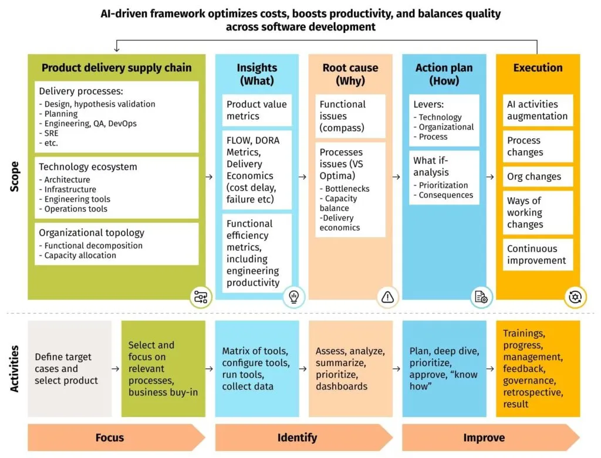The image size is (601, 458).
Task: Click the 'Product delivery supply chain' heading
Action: tap(116, 68)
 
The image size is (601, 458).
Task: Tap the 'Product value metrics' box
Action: tap(256, 110)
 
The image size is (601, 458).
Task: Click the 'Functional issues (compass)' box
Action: tap(350, 116)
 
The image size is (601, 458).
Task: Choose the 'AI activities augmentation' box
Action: tap(537, 110)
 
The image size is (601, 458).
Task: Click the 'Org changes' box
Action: tap(537, 177)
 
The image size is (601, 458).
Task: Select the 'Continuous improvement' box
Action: tap(537, 255)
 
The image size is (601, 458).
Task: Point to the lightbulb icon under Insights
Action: tap(293, 297)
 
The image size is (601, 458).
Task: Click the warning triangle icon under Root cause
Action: tap(387, 297)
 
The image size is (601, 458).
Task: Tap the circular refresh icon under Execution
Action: tap(574, 297)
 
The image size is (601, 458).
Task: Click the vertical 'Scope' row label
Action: tap(15, 176)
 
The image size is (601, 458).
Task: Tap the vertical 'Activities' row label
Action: tap(15, 368)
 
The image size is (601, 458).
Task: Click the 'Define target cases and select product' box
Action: tap(69, 368)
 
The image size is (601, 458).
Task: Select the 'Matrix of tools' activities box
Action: tap(256, 368)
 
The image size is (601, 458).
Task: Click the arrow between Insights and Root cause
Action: tap(303, 176)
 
